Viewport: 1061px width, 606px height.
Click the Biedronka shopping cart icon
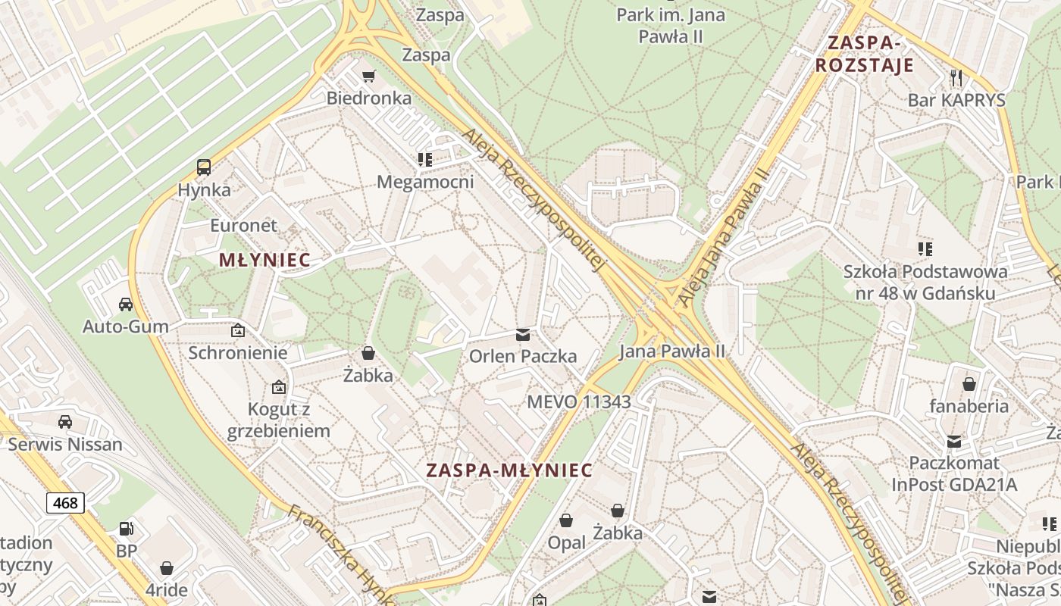pos(369,76)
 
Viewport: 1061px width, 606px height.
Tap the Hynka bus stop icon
pos(204,167)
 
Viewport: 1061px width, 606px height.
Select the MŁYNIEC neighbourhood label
pos(264,260)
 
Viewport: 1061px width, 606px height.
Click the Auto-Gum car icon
pos(126,305)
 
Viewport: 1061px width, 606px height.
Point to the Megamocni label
pos(425,182)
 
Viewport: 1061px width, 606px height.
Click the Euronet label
pos(244,225)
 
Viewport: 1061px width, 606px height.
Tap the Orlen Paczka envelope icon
pos(523,334)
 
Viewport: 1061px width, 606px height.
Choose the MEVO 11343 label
pos(579,401)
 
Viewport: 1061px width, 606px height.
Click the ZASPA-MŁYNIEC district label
pos(509,470)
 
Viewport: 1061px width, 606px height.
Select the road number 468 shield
pos(65,502)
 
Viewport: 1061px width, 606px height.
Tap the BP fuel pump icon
pos(127,529)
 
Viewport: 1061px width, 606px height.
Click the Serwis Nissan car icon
pos(65,422)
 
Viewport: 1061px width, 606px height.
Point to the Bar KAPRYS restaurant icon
pos(956,77)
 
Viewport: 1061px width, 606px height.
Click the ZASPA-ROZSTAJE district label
pos(865,53)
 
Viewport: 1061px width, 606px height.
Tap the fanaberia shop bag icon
pos(969,384)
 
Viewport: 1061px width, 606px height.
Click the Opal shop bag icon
pos(566,520)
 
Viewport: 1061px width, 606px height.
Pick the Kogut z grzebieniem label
pos(279,420)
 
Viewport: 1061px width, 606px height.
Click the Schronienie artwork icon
pos(238,330)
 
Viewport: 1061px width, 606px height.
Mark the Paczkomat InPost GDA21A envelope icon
pos(954,441)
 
